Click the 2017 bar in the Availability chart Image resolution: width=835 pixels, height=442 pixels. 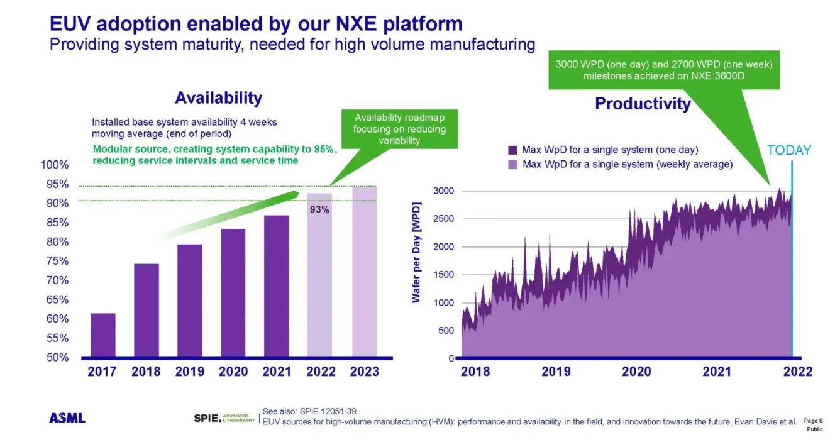point(102,335)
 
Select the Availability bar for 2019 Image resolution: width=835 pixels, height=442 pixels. point(189,301)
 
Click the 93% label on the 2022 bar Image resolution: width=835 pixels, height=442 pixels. point(319,210)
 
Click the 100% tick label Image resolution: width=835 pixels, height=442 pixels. point(54,165)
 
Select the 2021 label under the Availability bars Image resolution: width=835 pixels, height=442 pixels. point(277,372)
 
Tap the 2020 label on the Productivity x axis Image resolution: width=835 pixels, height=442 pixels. point(636,372)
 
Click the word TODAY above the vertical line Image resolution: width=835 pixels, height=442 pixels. point(789,150)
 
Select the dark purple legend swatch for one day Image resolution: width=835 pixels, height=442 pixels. point(512,150)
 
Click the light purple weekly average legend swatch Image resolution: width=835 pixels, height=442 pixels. point(512,165)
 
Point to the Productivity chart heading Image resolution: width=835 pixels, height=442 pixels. point(643,104)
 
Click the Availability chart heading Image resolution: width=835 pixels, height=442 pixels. point(218,98)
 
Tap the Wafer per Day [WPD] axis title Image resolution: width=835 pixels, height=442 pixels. point(416,252)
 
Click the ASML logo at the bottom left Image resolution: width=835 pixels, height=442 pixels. point(67,418)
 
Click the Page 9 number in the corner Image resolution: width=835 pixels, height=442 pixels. point(813,420)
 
